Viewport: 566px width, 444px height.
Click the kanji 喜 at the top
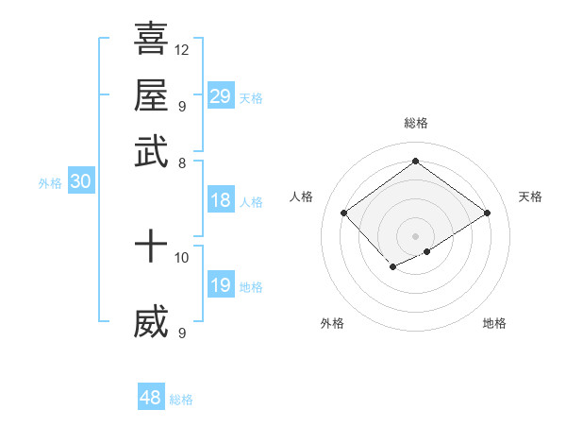click(151, 40)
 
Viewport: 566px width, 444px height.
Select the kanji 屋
click(151, 95)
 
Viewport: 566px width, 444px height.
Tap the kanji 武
click(151, 151)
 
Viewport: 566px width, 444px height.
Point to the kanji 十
click(151, 248)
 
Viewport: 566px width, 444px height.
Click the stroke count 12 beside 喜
click(182, 49)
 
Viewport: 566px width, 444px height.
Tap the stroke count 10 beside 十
click(182, 257)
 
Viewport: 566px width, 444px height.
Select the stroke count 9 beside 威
click(181, 333)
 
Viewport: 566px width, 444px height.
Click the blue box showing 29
click(221, 95)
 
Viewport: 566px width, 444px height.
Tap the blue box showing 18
click(221, 200)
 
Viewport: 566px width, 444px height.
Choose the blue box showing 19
click(221, 285)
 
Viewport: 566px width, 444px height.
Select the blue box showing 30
click(81, 182)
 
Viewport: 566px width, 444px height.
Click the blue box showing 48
click(151, 398)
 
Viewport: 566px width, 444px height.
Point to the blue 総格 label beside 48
click(181, 400)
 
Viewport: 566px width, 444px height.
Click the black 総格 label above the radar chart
click(416, 123)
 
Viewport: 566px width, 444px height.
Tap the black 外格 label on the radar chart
click(332, 324)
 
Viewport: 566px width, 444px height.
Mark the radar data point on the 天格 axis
click(487, 213)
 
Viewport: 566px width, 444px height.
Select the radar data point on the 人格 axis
click(344, 213)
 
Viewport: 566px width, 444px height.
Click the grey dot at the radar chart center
click(416, 235)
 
